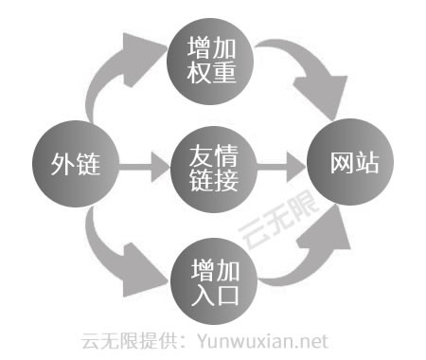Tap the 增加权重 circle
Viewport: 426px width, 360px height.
[212, 59]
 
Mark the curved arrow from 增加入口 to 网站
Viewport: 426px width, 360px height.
[303, 256]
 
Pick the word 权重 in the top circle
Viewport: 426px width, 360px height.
[212, 71]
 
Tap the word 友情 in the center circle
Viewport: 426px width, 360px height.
[213, 152]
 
